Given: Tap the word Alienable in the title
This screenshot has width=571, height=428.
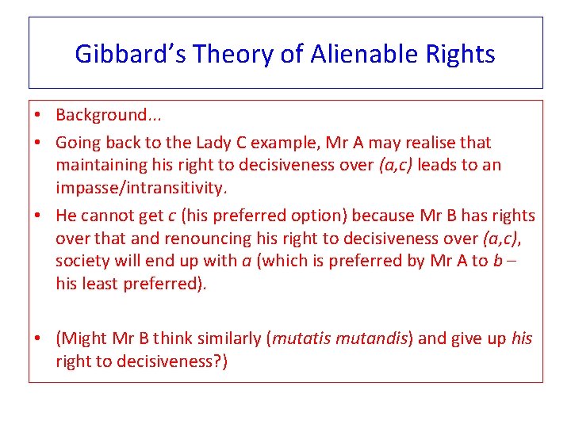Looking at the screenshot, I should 351,54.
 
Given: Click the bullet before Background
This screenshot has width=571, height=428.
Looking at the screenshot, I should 38,115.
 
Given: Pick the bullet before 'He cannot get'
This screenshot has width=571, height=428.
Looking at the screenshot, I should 38,216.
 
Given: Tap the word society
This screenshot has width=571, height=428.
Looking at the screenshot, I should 81,262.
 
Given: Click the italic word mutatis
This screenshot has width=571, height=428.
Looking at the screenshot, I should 300,339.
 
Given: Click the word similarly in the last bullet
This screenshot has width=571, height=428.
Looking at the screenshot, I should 228,339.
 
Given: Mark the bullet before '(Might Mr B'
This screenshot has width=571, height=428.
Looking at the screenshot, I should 38,339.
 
